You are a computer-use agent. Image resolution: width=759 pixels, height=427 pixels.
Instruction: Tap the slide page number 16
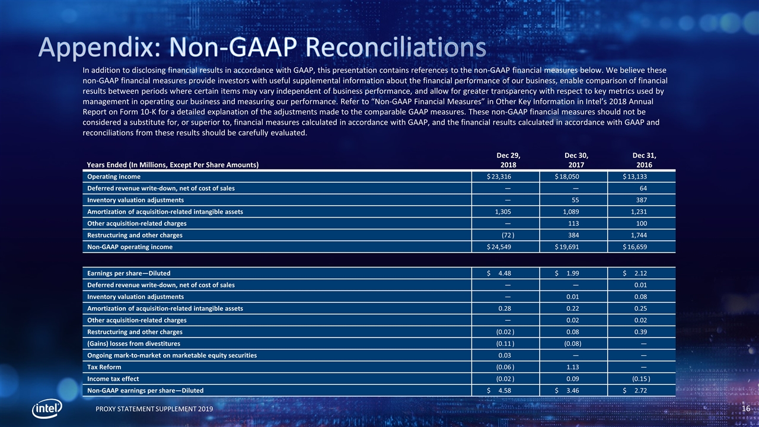(746, 409)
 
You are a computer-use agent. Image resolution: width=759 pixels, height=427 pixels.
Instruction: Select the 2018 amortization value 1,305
(503, 212)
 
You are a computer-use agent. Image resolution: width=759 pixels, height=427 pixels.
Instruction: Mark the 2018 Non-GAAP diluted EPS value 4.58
(505, 390)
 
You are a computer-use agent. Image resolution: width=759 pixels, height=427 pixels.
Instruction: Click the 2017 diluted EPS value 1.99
(573, 273)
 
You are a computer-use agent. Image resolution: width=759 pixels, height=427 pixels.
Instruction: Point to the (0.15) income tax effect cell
(640, 379)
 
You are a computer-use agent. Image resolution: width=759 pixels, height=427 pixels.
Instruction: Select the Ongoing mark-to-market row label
(172, 355)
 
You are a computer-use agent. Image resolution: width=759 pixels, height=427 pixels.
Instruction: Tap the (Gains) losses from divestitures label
(133, 343)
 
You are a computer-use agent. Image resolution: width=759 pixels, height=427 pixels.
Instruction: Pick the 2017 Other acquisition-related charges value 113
(573, 224)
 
